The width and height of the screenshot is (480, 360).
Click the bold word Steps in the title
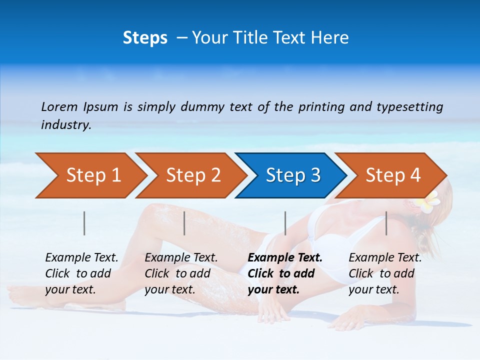point(145,38)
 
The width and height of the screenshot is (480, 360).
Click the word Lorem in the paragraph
point(59,106)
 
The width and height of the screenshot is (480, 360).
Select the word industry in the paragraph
point(66,124)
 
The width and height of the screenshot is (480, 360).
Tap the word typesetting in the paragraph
point(409,106)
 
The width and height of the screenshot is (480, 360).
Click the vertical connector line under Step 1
point(84,223)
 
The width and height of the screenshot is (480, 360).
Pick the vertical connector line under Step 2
point(184,223)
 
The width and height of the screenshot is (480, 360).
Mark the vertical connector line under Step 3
point(285,223)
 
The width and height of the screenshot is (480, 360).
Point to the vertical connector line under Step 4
point(386,223)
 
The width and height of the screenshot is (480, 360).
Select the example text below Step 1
point(81,273)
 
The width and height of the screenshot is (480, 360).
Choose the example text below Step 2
point(180,273)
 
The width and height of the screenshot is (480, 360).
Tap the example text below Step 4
point(384,273)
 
